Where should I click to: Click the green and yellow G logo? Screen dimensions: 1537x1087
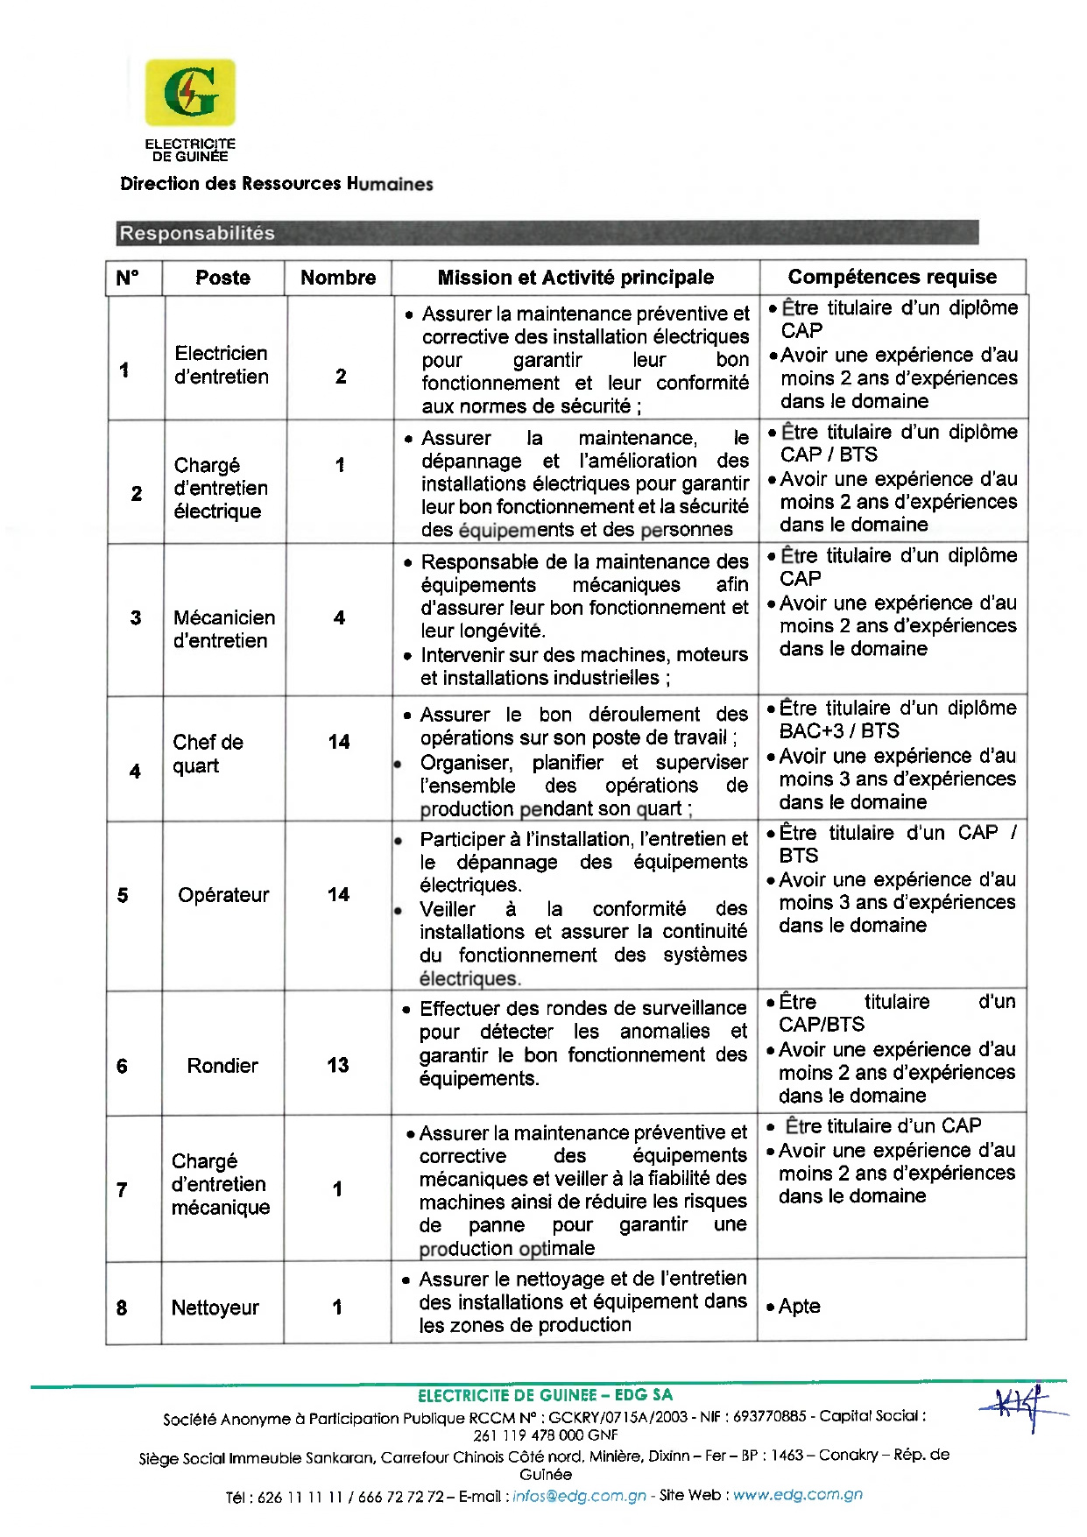pos(190,92)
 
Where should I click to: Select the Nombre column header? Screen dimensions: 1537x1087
pos(338,278)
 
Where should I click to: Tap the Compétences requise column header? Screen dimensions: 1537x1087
pos(892,277)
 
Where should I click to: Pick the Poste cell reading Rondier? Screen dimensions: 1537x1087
pos(222,1066)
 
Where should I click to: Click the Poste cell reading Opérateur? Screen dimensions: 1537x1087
pos(223,895)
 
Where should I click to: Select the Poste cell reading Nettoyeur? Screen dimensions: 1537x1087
pos(215,1308)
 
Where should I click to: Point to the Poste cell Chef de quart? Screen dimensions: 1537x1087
pos(208,754)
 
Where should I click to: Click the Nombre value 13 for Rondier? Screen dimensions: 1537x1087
pos(338,1065)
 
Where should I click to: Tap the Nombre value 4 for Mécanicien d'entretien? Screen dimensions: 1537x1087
pos(339,617)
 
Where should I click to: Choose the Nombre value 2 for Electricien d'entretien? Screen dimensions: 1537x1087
pos(341,376)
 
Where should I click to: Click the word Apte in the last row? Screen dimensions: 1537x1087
pos(799,1306)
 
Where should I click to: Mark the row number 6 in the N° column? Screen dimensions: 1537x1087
pos(122,1066)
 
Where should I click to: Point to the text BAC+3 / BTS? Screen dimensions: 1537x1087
pos(839,731)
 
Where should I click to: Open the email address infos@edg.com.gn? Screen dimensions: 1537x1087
pos(579,1496)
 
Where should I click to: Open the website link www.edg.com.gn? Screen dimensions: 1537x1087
pos(797,1495)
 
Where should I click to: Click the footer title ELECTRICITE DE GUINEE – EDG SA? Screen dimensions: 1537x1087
pos(545,1395)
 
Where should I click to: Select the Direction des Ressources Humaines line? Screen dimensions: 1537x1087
pos(277,184)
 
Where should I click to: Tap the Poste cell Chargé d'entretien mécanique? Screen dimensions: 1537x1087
pos(221,1184)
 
